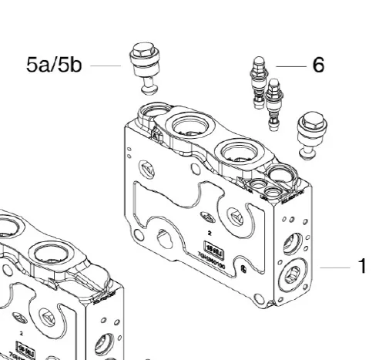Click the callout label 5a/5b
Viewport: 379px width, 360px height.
pos(54,65)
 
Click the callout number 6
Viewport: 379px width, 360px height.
pos(317,66)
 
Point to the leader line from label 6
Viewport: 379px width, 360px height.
pos(291,67)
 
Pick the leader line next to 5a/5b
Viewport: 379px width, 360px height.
pos(105,66)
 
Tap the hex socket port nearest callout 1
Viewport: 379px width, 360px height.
pos(293,273)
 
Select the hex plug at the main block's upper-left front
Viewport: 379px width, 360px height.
pos(146,167)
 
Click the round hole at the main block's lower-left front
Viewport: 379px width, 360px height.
pos(166,238)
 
